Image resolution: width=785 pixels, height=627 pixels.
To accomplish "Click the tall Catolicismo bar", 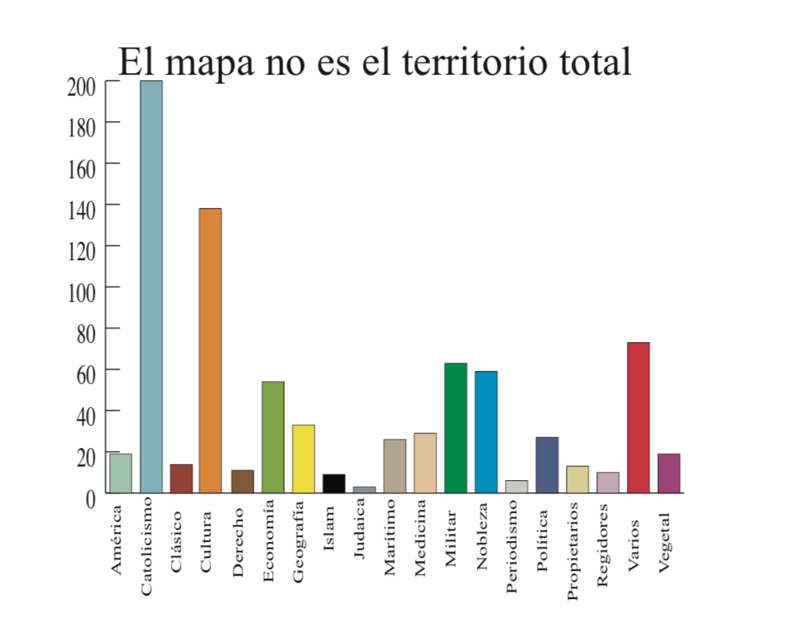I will [151, 287].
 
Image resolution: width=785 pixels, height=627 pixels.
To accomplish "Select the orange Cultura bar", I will [210, 350].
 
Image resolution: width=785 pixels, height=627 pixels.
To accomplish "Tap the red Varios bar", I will [638, 417].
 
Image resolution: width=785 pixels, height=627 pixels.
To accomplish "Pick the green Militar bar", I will [455, 428].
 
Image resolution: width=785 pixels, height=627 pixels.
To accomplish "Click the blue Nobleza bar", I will [486, 432].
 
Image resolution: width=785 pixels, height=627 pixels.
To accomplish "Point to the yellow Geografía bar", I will [303, 458].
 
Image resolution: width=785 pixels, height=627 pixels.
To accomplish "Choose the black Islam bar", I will [333, 483].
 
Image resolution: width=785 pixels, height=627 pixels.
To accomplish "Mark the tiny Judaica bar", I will [364, 489].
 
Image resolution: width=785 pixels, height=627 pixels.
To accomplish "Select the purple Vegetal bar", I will [669, 473].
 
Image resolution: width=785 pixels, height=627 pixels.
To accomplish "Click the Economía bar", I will [273, 437].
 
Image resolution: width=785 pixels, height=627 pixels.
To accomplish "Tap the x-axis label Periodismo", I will [514, 549].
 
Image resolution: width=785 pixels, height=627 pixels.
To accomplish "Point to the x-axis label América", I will [117, 539].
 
